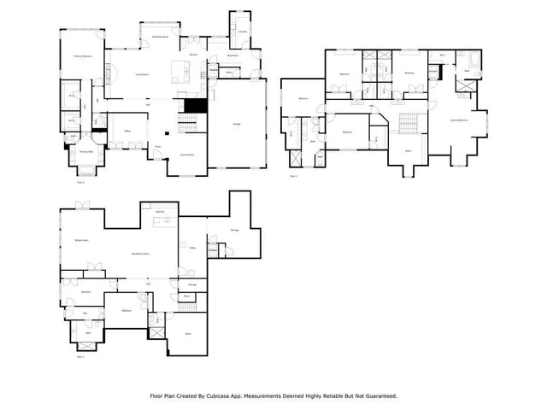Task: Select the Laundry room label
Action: (x=242, y=32)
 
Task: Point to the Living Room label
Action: (x=144, y=75)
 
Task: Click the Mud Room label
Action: (x=232, y=57)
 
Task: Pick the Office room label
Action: (x=126, y=130)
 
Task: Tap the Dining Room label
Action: (x=186, y=155)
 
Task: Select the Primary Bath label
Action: (x=86, y=152)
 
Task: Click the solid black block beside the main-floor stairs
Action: (x=197, y=106)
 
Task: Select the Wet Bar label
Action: (x=159, y=209)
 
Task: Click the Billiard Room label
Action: (x=82, y=243)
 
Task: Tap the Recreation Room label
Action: (x=140, y=254)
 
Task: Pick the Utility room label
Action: (x=192, y=248)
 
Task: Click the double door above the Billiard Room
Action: (x=82, y=205)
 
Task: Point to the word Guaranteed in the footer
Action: (x=377, y=395)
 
